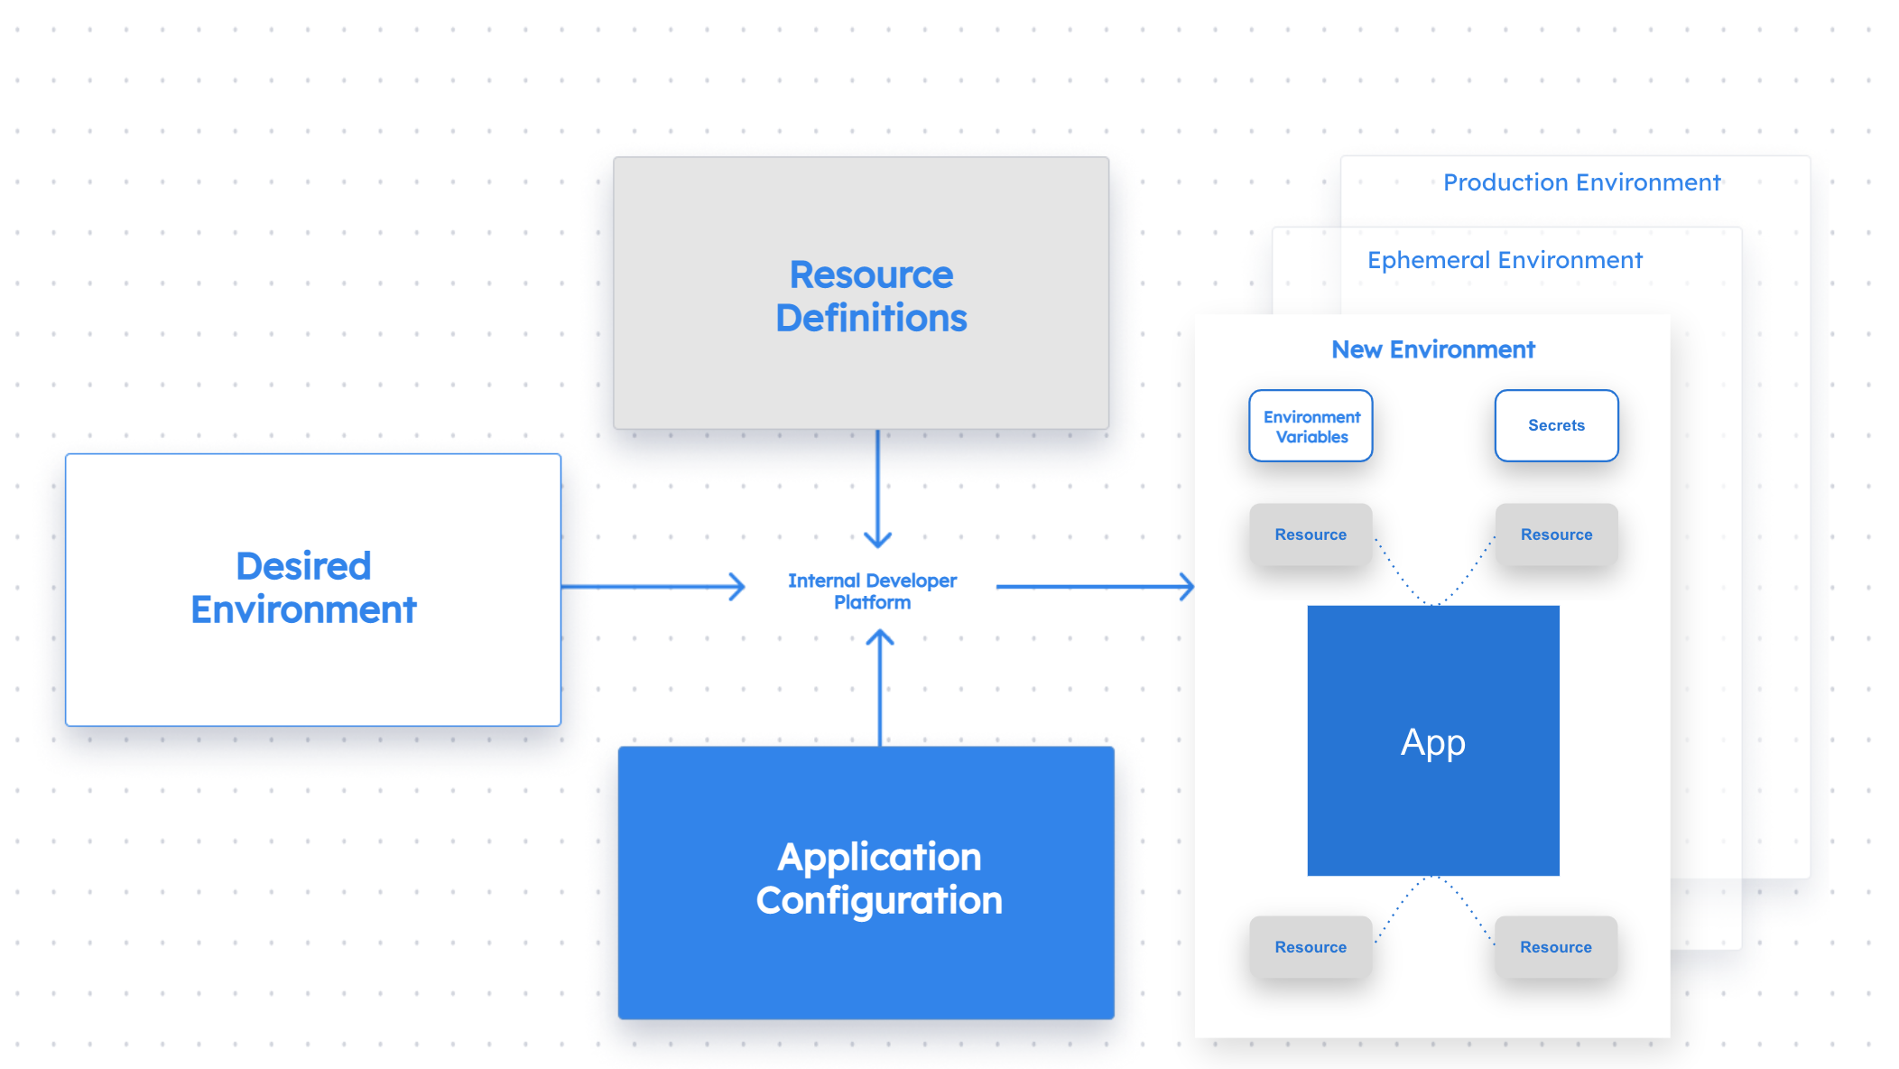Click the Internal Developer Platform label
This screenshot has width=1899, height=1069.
click(x=872, y=591)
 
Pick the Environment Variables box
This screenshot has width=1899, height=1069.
click(x=1311, y=426)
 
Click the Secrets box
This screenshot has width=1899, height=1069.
click(x=1556, y=425)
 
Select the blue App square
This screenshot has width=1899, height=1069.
click(x=1433, y=741)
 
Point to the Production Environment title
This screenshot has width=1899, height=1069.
click(x=1581, y=182)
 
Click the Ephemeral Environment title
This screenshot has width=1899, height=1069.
click(x=1505, y=260)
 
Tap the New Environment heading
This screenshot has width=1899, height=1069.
click(x=1433, y=349)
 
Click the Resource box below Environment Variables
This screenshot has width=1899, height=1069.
click(x=1311, y=534)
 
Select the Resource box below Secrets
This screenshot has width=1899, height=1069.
click(x=1556, y=534)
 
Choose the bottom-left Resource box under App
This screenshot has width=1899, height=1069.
click(x=1311, y=947)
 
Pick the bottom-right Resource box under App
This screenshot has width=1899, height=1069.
click(x=1555, y=947)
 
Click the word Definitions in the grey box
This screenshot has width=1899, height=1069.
click(x=871, y=318)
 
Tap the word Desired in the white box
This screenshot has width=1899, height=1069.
click(x=303, y=566)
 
